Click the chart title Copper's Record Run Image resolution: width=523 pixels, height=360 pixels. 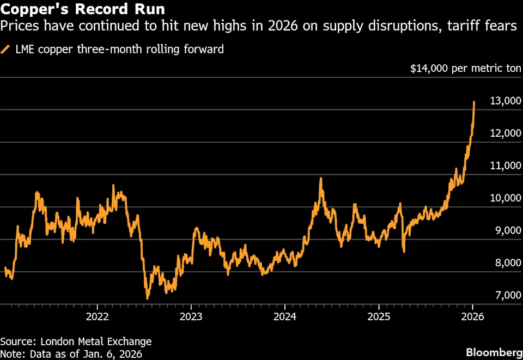pos(83,9)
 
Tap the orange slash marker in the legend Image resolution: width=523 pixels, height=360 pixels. pos(5,50)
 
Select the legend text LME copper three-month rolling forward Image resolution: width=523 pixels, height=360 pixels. pos(119,50)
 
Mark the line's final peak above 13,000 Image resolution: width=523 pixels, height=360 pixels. pos(475,102)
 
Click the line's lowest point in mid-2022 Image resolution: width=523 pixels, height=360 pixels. pos(147,298)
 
